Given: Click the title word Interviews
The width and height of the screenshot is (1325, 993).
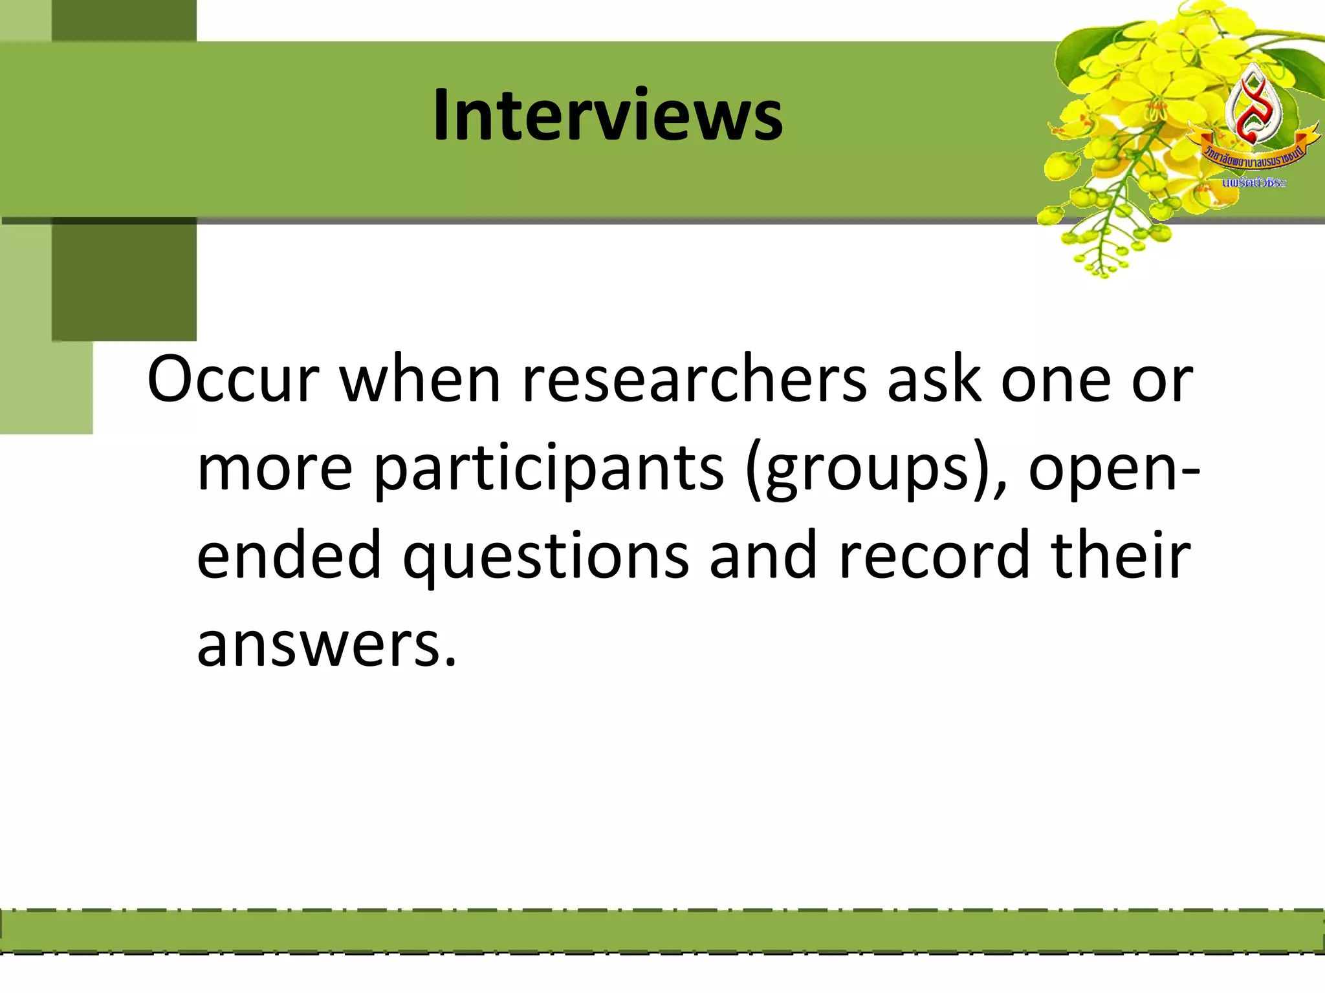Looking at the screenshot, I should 608,115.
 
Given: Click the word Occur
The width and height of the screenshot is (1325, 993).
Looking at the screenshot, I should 233,380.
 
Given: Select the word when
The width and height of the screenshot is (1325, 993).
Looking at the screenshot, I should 421,380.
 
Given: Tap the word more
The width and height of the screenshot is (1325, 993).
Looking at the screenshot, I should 275,469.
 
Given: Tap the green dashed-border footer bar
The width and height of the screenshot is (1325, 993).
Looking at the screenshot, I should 662,931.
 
